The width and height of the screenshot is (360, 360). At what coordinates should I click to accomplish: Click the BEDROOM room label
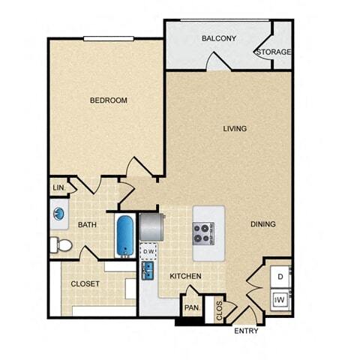[x=109, y=100]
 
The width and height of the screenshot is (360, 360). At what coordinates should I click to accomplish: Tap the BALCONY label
[x=219, y=38]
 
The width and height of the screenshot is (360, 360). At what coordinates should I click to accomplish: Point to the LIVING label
[x=235, y=128]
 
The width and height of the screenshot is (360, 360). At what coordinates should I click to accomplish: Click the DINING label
[x=263, y=224]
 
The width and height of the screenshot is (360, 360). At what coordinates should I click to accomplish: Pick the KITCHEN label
[x=185, y=276]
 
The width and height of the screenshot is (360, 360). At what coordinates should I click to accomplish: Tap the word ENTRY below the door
[x=246, y=331]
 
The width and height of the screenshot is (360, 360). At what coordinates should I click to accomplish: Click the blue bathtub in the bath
[x=125, y=235]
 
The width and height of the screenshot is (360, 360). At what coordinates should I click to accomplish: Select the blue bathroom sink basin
[x=58, y=214]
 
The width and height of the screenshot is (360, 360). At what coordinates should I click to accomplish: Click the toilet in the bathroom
[x=61, y=244]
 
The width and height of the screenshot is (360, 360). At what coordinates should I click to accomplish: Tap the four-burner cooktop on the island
[x=203, y=233]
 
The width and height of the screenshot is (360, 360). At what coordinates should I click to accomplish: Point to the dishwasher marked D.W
[x=148, y=251]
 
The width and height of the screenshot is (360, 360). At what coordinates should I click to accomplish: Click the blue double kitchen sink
[x=148, y=271]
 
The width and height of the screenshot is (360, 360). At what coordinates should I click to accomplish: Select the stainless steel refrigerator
[x=151, y=227]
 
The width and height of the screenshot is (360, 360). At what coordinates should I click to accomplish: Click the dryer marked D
[x=280, y=277]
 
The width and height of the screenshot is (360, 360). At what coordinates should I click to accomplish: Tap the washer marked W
[x=280, y=299]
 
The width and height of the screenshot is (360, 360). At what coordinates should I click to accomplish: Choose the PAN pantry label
[x=192, y=307]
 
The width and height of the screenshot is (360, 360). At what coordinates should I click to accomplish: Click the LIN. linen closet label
[x=59, y=187]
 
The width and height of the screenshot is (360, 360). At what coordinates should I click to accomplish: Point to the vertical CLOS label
[x=219, y=310]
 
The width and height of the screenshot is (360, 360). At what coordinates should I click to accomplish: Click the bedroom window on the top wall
[x=109, y=38]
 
